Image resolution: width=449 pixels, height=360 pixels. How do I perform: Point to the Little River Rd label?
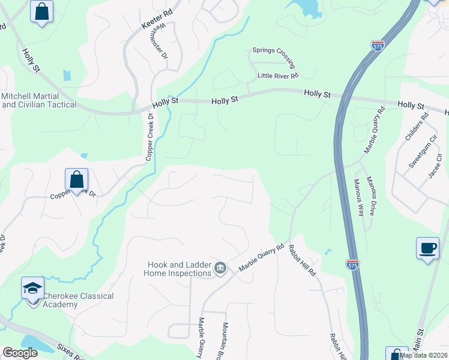click(x=277, y=76)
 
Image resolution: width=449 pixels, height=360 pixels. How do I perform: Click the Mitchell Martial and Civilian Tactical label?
click(x=38, y=100)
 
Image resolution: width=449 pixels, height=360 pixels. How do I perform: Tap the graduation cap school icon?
click(x=32, y=288)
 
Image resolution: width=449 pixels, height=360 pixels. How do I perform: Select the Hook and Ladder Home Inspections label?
click(x=178, y=268)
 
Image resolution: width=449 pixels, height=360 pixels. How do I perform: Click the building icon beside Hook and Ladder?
click(x=220, y=268)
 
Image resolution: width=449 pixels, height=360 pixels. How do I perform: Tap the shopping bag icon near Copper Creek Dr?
click(x=76, y=179)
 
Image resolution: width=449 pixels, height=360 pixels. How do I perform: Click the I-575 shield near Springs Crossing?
click(x=378, y=46)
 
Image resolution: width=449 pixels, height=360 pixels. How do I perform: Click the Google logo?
click(x=20, y=353)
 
